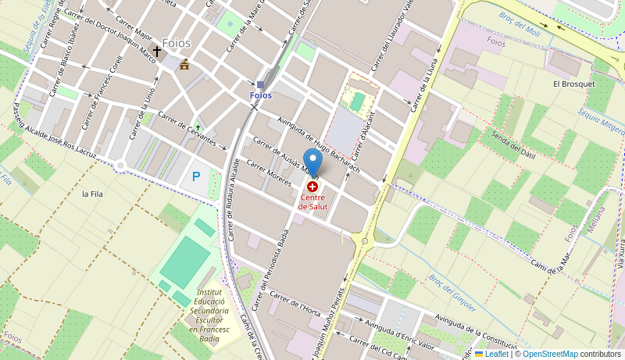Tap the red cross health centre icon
(x=312, y=187)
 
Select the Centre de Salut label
(x=312, y=202)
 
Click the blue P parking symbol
(x=196, y=177)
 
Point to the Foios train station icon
(x=260, y=85)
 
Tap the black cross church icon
(x=156, y=52)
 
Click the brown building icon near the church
(x=184, y=65)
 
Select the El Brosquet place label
(x=573, y=84)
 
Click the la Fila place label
(x=92, y=194)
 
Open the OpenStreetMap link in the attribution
(x=550, y=354)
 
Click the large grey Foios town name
(x=176, y=43)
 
